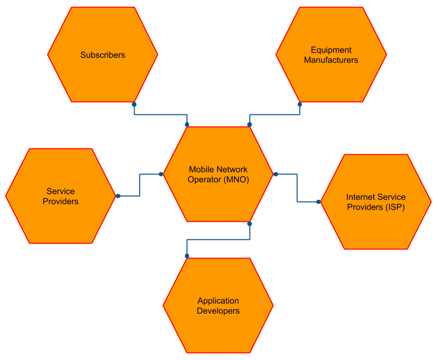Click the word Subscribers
click(103, 55)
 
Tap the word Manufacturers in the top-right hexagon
click(331, 60)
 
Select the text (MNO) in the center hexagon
click(236, 180)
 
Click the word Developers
click(218, 311)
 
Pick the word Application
click(218, 301)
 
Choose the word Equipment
click(331, 50)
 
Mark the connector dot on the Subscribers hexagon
click(134, 105)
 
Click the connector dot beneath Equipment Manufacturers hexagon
click(300, 105)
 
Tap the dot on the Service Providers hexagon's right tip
click(118, 196)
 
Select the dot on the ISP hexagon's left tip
click(318, 202)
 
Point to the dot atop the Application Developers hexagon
click(187, 256)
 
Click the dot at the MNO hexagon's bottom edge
click(250, 224)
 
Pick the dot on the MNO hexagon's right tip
click(276, 174)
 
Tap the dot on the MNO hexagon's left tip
click(161, 174)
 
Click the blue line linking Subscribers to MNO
click(160, 114)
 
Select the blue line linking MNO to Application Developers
click(218, 240)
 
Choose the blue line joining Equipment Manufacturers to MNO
click(274, 114)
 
